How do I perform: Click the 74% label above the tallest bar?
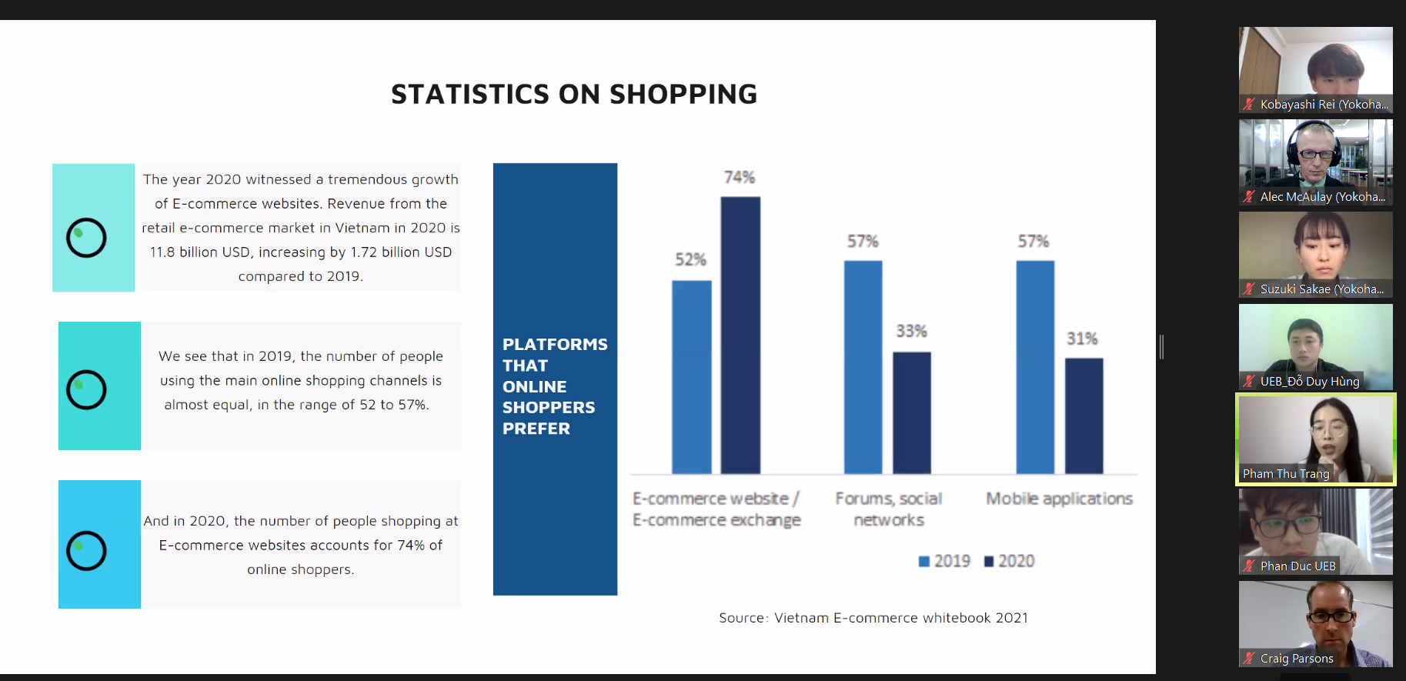[739, 178]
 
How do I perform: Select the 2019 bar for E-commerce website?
[691, 377]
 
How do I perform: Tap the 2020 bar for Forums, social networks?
[911, 412]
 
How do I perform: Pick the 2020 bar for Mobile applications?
[1084, 416]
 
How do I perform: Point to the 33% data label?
[911, 332]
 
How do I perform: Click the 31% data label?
[1081, 339]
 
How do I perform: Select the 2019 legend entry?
[944, 562]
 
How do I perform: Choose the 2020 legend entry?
[1009, 562]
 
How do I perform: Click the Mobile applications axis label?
[1059, 499]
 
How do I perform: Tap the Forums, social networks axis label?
[889, 509]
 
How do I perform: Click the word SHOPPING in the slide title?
[683, 95]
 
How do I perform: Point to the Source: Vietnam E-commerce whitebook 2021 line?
[873, 618]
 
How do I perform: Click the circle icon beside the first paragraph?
[86, 238]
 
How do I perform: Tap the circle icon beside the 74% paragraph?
[86, 551]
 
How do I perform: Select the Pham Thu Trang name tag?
[1285, 474]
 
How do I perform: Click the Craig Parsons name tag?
[1296, 659]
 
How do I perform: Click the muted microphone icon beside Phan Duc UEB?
[1249, 566]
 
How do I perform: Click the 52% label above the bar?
[690, 260]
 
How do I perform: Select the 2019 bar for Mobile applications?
[1035, 367]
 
